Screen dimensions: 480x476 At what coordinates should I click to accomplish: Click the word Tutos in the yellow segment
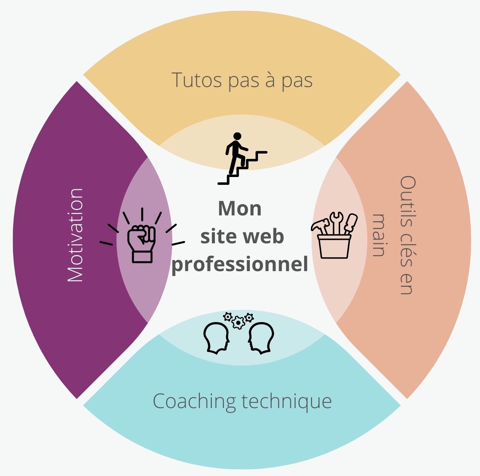click(x=197, y=80)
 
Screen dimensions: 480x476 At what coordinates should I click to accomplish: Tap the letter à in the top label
click(x=270, y=80)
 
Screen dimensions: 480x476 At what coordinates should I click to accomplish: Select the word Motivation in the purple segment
click(x=75, y=235)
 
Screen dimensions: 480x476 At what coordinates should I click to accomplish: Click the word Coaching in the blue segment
click(x=194, y=401)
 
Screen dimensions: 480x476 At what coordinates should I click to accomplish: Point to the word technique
click(x=287, y=402)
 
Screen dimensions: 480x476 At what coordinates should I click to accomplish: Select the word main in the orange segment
click(x=379, y=235)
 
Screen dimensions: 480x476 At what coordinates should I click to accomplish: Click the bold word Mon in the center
click(x=240, y=208)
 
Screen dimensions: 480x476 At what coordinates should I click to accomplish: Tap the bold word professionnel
click(x=240, y=264)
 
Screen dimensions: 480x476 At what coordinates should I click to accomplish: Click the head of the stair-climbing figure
click(x=237, y=136)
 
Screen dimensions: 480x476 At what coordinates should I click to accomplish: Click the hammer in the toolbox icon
click(x=321, y=226)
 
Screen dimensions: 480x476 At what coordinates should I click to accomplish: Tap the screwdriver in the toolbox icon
click(x=350, y=223)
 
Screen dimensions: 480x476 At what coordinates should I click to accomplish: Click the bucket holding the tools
click(x=334, y=246)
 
